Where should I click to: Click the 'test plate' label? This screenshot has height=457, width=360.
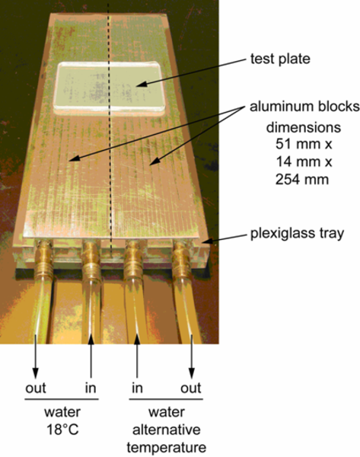(280, 59)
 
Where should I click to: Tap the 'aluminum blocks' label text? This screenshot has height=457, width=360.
(304, 107)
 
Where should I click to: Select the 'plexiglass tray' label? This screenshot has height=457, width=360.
(297, 234)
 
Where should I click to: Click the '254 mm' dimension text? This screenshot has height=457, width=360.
(302, 179)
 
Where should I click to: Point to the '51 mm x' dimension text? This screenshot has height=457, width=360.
(304, 144)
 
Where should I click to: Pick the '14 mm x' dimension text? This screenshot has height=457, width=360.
(304, 161)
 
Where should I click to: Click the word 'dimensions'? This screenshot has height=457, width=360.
(304, 127)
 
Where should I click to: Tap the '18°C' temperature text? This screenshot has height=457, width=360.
(62, 430)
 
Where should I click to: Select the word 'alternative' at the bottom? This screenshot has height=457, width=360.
(167, 430)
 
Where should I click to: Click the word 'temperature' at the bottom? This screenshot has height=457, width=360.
(167, 447)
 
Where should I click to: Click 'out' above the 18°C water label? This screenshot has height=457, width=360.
(36, 388)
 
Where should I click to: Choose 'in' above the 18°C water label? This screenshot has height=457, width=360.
(91, 388)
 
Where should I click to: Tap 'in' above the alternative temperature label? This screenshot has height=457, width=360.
(137, 388)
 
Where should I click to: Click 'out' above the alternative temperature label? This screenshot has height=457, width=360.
(191, 388)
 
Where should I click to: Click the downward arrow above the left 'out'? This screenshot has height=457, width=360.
(36, 356)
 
